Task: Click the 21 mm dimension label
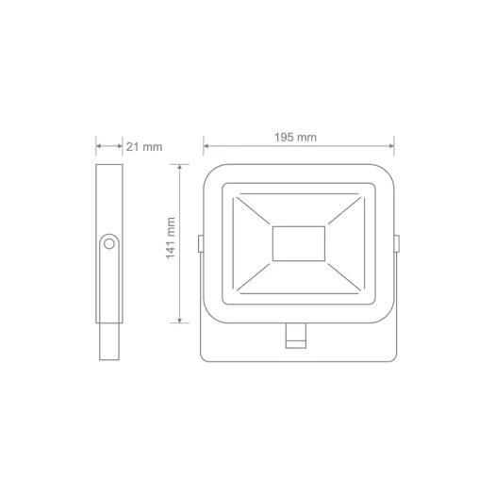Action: point(143,147)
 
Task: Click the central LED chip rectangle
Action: point(299,243)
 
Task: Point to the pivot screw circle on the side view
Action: point(109,243)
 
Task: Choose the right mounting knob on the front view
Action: point(397,243)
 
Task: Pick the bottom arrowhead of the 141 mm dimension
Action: point(180,320)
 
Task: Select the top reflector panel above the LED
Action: point(299,208)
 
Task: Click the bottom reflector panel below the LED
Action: point(299,277)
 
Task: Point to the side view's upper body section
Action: point(109,198)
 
